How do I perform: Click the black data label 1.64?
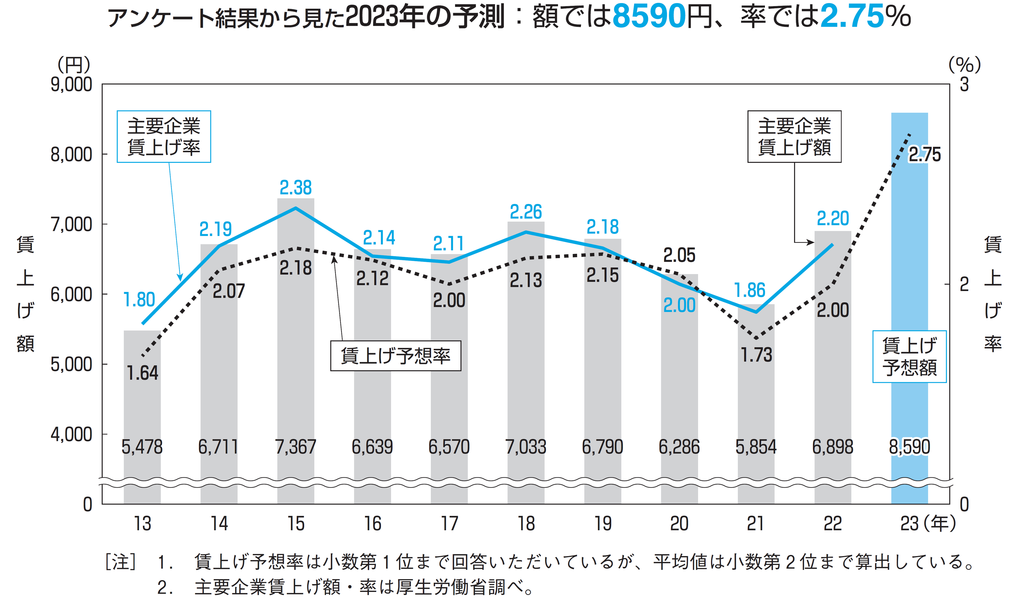(x=142, y=373)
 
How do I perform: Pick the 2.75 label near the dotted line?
(x=924, y=155)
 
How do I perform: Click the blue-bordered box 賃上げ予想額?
(x=909, y=357)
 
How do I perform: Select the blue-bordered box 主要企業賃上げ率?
(x=164, y=136)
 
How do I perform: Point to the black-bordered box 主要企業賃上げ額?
(x=794, y=136)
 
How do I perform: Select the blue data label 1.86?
(x=750, y=290)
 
